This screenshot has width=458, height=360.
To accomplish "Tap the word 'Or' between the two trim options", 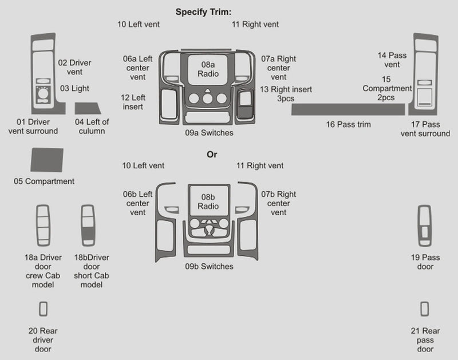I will click(212, 155).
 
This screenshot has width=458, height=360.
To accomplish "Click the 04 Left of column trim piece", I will click(88, 109).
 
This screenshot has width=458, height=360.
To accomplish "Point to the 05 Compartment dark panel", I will click(46, 160).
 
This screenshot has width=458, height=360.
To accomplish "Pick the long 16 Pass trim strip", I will click(348, 109).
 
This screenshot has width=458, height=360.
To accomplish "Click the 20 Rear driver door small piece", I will click(43, 309).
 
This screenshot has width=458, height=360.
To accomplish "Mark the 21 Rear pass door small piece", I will click(424, 309).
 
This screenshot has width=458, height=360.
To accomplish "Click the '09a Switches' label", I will click(209, 133).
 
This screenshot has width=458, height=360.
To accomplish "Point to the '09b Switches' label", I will click(209, 266).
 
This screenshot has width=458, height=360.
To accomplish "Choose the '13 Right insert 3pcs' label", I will click(285, 94).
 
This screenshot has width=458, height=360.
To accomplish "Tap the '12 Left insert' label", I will click(132, 102).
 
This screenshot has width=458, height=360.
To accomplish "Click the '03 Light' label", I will click(74, 88).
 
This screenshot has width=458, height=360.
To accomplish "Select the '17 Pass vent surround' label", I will click(425, 129).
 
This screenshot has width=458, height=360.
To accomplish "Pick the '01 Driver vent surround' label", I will click(33, 126).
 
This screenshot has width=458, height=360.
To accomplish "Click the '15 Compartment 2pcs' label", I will click(386, 88).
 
